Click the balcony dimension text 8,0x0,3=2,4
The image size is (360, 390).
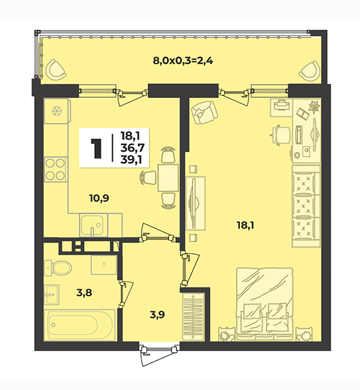182,61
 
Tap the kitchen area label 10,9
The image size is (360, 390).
99,198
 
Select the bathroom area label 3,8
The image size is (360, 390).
84,293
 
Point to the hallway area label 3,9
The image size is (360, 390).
157,315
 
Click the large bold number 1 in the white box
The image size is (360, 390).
96,148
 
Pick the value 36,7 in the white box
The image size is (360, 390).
133,148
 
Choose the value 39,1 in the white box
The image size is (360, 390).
131,160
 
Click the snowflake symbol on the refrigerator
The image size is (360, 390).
57,110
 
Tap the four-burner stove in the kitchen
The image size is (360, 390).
56,169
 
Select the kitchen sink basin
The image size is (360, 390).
92,226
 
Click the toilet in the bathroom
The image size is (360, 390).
58,268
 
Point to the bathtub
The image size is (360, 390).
80,325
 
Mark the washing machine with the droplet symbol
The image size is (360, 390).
104,265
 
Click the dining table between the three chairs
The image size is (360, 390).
168,178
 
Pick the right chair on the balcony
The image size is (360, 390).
310,70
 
